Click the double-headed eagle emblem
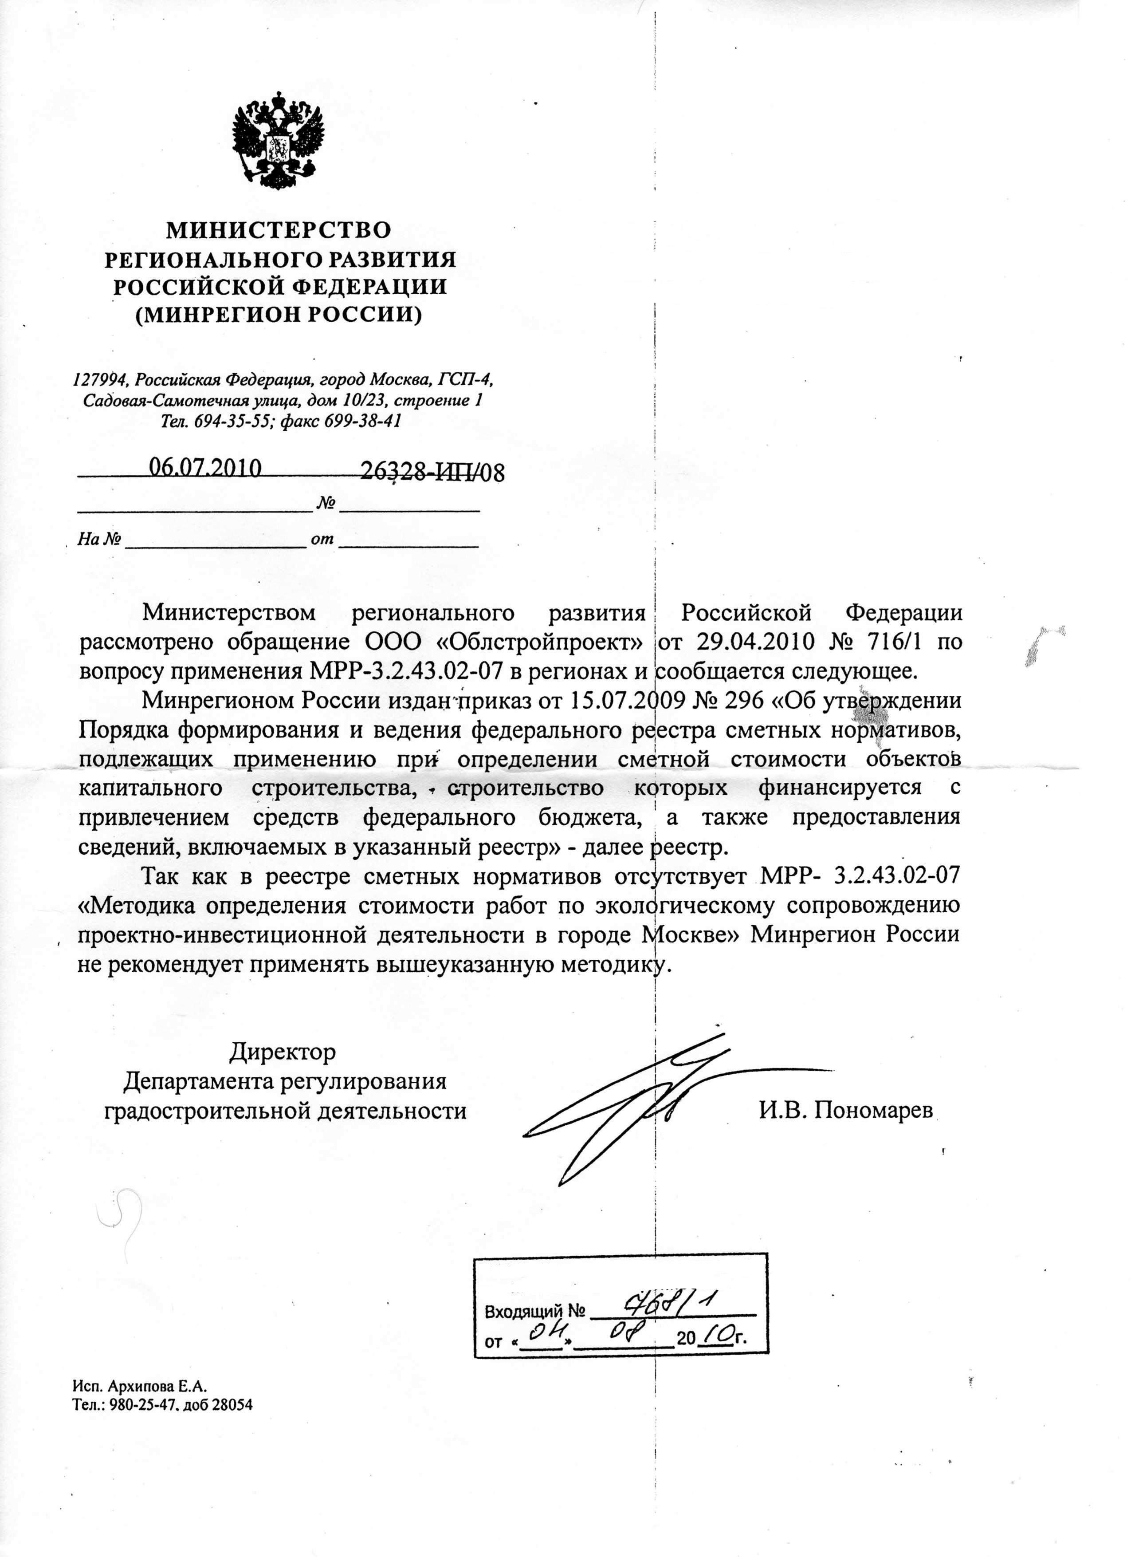pyautogui.click(x=278, y=140)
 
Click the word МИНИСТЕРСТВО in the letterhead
pyautogui.click(x=279, y=229)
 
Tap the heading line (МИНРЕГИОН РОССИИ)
pyautogui.click(x=278, y=315)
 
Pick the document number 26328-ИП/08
pyautogui.click(x=432, y=472)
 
